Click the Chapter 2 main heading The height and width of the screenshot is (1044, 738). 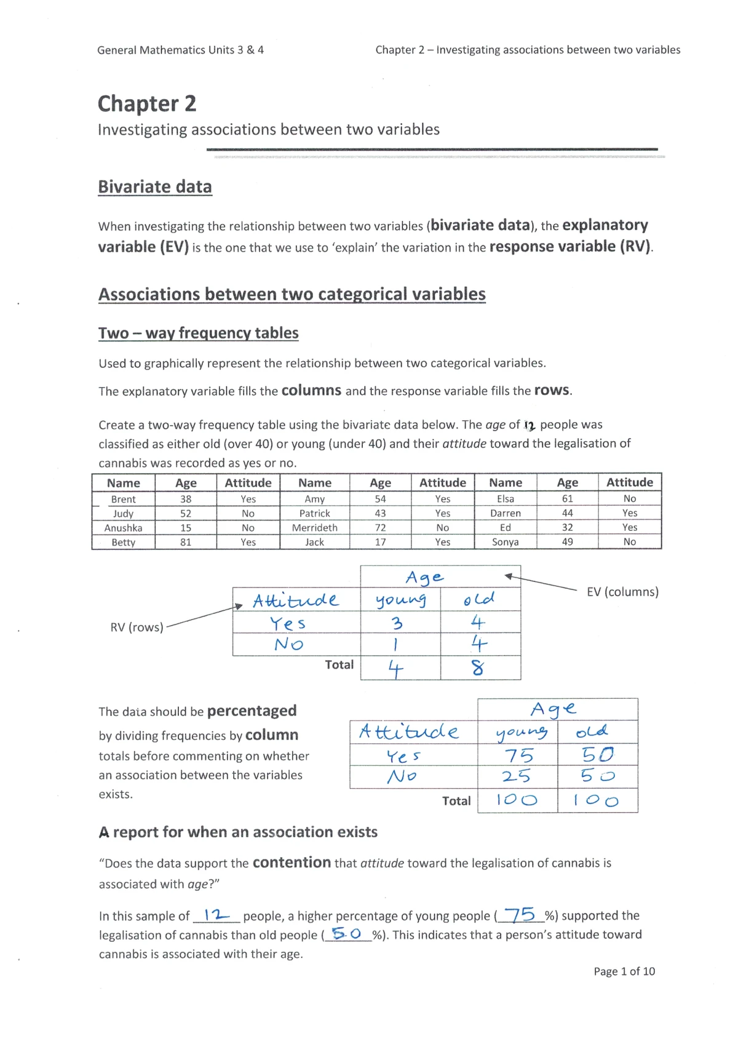[x=147, y=103]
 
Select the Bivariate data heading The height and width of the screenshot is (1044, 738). [x=155, y=186]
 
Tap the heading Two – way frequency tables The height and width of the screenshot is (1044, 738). [x=198, y=333]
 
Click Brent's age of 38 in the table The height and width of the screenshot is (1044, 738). [x=186, y=499]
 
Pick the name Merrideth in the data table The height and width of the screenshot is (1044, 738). [x=314, y=528]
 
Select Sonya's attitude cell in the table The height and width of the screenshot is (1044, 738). [x=629, y=542]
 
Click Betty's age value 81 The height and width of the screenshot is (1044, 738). [x=186, y=542]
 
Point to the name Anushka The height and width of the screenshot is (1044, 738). [x=123, y=528]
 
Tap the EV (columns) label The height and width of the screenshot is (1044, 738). [x=622, y=592]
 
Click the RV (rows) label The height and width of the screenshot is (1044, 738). [x=137, y=628]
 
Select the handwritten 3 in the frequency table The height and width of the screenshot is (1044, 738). [x=397, y=623]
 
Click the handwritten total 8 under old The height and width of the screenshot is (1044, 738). [x=478, y=667]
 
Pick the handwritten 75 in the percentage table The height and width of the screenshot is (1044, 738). [x=518, y=755]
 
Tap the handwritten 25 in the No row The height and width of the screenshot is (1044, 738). [x=516, y=776]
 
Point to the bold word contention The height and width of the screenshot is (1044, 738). [x=292, y=863]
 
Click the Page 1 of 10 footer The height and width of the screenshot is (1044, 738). [x=624, y=971]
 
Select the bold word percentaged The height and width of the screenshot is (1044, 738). [x=252, y=711]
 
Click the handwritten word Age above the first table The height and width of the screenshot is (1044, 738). [x=424, y=577]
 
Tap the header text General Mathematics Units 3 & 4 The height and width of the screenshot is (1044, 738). [x=180, y=50]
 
